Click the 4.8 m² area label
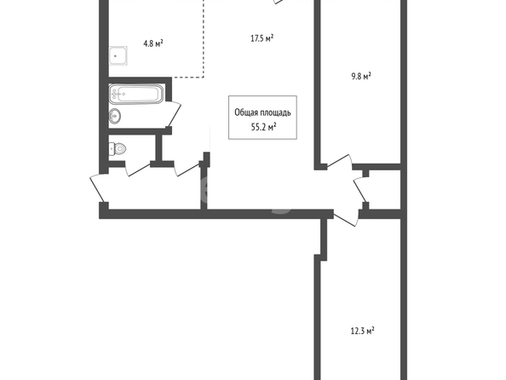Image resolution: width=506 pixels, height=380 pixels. click(x=153, y=43)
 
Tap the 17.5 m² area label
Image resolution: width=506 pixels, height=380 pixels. click(x=262, y=38)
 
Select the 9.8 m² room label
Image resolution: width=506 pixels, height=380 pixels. click(x=361, y=77)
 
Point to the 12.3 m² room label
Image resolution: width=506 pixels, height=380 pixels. click(x=362, y=331)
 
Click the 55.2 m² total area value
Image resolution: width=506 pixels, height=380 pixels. click(x=263, y=127)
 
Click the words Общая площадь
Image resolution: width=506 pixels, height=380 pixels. click(x=262, y=112)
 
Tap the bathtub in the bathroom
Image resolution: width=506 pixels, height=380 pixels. click(x=136, y=94)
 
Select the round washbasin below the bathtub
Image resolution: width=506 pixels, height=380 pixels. click(x=115, y=116)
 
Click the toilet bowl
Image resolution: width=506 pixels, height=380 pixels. click(x=117, y=149)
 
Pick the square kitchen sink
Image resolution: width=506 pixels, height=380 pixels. click(x=118, y=56)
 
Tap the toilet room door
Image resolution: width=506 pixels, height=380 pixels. click(x=137, y=168)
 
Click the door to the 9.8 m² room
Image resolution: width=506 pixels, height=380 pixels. click(x=340, y=162)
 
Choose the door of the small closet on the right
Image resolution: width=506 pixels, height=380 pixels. click(x=361, y=190)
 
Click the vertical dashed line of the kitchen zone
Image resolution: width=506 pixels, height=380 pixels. click(x=204, y=38)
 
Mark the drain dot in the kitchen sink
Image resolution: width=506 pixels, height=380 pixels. click(x=115, y=56)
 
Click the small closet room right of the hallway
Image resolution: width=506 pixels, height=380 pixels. click(x=385, y=190)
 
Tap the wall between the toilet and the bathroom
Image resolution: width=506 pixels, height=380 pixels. click(x=140, y=130)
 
